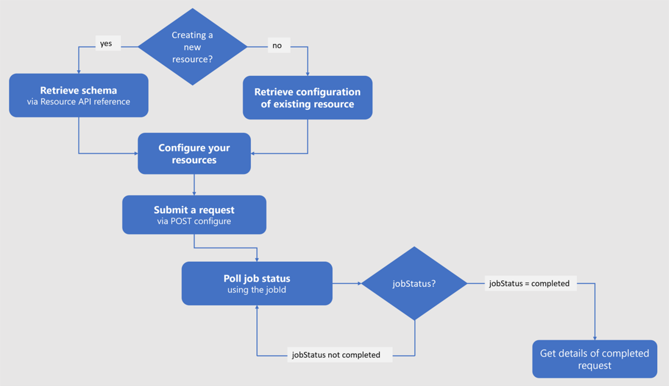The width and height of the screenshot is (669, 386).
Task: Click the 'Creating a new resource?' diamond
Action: (x=192, y=47)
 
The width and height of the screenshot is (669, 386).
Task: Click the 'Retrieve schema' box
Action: (x=79, y=90)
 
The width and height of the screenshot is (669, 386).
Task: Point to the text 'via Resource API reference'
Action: (x=79, y=102)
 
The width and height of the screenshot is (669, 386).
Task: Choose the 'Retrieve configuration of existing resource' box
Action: (x=307, y=98)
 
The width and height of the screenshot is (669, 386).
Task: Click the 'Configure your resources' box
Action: (x=194, y=154)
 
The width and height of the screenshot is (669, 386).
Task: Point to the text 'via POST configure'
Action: (x=194, y=221)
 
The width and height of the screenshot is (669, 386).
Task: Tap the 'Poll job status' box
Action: (x=257, y=278)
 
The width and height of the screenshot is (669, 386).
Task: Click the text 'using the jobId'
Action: (x=257, y=290)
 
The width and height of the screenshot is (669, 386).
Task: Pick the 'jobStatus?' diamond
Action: (x=414, y=283)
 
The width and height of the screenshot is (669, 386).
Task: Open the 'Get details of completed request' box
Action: (x=594, y=359)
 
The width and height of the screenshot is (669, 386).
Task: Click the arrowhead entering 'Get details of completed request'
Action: (x=595, y=338)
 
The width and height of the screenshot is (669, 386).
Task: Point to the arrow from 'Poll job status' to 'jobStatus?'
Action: (x=347, y=283)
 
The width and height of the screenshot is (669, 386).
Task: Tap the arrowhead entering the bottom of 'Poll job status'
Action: (x=257, y=307)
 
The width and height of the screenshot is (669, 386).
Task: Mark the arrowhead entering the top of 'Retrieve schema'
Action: (x=79, y=71)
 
